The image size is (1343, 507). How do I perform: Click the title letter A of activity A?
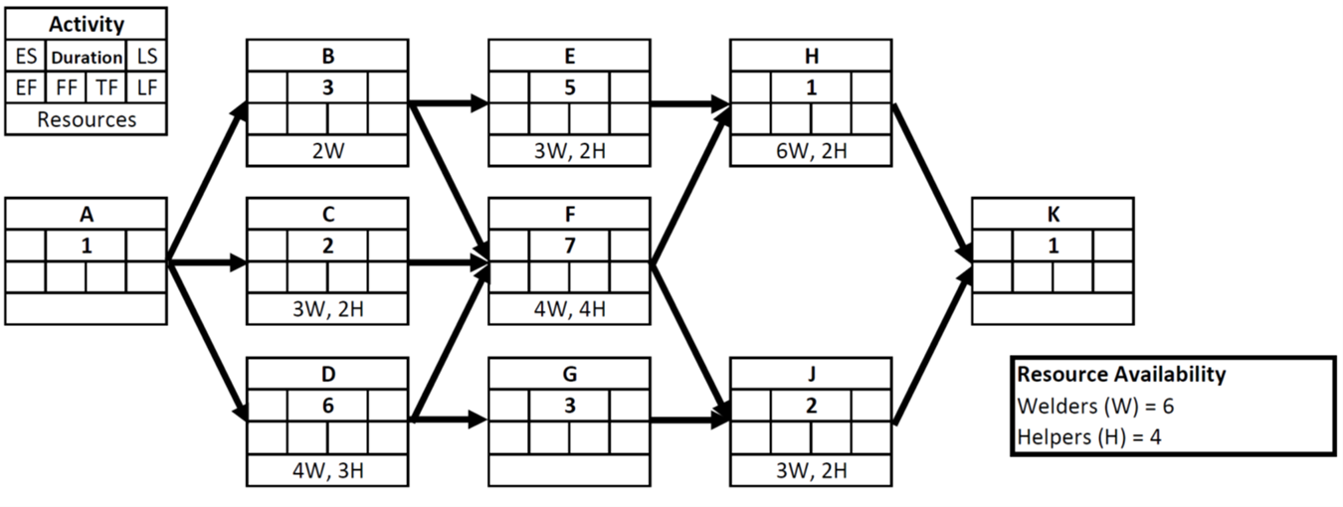click(x=86, y=213)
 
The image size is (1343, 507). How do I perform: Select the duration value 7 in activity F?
click(x=569, y=246)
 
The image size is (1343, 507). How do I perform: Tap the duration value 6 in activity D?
click(x=327, y=406)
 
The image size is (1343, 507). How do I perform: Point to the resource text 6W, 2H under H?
click(x=811, y=151)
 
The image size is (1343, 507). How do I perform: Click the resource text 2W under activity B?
click(x=327, y=151)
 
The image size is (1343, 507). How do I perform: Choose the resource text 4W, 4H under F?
click(x=569, y=310)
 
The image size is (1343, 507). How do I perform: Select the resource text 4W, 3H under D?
click(x=327, y=470)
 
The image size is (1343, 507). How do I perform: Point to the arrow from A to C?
click(x=207, y=263)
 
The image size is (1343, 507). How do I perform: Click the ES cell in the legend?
click(x=24, y=57)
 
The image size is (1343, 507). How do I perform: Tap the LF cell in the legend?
click(x=147, y=88)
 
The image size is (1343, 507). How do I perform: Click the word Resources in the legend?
click(x=86, y=120)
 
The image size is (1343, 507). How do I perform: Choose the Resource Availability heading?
click(x=1120, y=375)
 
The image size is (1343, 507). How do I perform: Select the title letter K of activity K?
click(x=1053, y=213)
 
